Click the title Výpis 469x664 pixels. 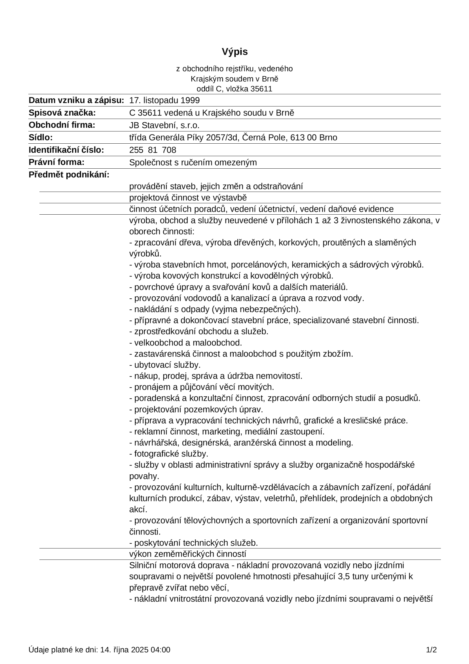pyautogui.click(x=235, y=52)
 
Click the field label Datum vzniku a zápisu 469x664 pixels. pyautogui.click(x=76, y=100)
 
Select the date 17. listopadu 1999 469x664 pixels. pyautogui.click(x=164, y=100)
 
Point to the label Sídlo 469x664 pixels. pyautogui.click(x=41, y=138)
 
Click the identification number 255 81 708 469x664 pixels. pyautogui.click(x=153, y=150)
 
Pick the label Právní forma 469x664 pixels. pyautogui.click(x=57, y=162)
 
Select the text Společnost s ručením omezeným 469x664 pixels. pyautogui.click(x=193, y=163)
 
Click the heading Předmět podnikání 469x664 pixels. pyautogui.click(x=69, y=175)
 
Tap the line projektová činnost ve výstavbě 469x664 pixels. pyautogui.click(x=188, y=198)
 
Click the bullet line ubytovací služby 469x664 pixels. pyautogui.click(x=165, y=365)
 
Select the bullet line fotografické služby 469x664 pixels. pyautogui.click(x=169, y=454)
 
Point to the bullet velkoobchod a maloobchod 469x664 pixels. pyautogui.click(x=185, y=343)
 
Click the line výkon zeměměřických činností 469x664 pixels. pyautogui.click(x=188, y=554)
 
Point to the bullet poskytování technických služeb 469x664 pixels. pyautogui.click(x=193, y=543)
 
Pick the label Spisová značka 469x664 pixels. pyautogui.click(x=62, y=113)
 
